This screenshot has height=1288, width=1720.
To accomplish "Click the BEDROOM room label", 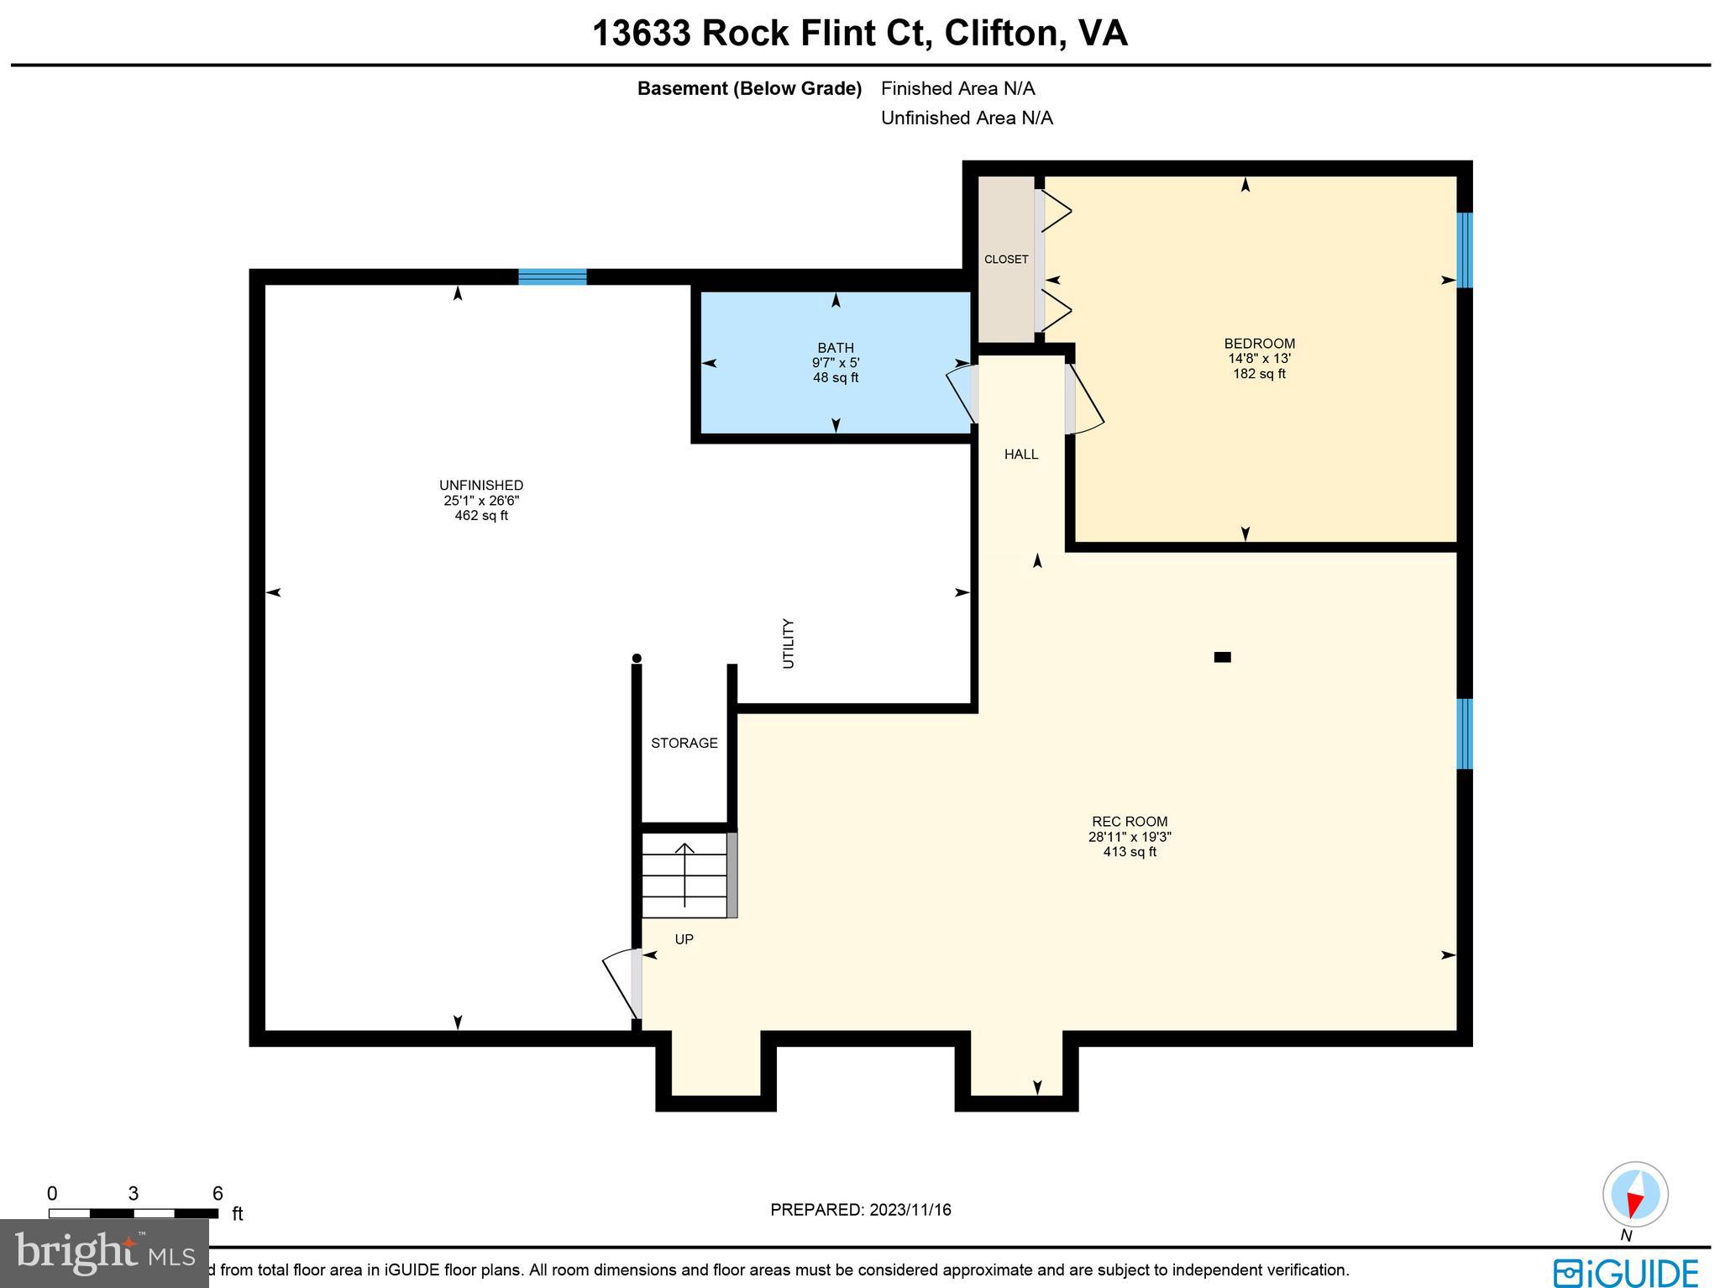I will pyautogui.click(x=1259, y=344).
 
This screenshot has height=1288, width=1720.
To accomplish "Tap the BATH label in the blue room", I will pyautogui.click(x=836, y=348).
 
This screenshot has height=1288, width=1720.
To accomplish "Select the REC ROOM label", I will pyautogui.click(x=1130, y=822).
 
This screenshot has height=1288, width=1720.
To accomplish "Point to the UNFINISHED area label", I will pyautogui.click(x=481, y=486).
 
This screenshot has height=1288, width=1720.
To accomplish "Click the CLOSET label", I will pyautogui.click(x=1006, y=260).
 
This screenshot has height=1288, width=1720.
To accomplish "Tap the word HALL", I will pyautogui.click(x=1021, y=455).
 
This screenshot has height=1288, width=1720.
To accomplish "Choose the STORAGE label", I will pyautogui.click(x=684, y=744).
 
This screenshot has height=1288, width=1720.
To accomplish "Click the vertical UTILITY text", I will pyautogui.click(x=788, y=644).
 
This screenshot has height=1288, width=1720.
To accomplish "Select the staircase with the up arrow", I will pyautogui.click(x=685, y=875).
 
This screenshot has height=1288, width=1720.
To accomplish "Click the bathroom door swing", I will pyautogui.click(x=962, y=393).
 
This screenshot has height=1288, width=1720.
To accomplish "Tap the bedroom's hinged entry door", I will pyautogui.click(x=1084, y=402).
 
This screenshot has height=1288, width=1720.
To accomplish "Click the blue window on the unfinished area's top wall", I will pyautogui.click(x=552, y=277).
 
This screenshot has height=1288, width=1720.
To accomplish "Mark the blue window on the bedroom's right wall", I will pyautogui.click(x=1464, y=250).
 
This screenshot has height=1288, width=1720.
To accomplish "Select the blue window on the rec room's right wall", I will pyautogui.click(x=1464, y=733).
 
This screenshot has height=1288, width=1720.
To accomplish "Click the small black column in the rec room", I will pyautogui.click(x=1222, y=657).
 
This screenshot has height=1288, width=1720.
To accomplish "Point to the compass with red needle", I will pyautogui.click(x=1634, y=1195).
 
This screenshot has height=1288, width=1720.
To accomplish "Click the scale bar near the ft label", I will pyautogui.click(x=133, y=1213).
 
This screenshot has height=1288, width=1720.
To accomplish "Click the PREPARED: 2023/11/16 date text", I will pyautogui.click(x=860, y=1210).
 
